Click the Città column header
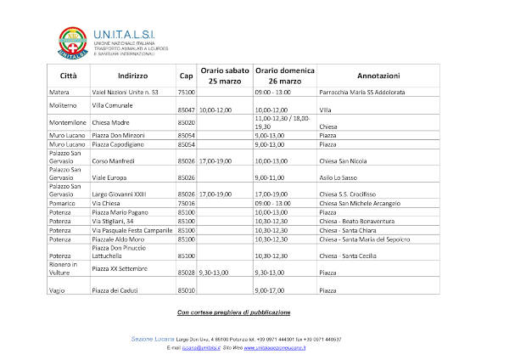pyautogui.click(x=68, y=75)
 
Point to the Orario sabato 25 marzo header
pyautogui.click(x=225, y=75)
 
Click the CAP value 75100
pyautogui.click(x=186, y=91)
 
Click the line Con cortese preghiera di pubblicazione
pyautogui.click(x=233, y=312)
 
